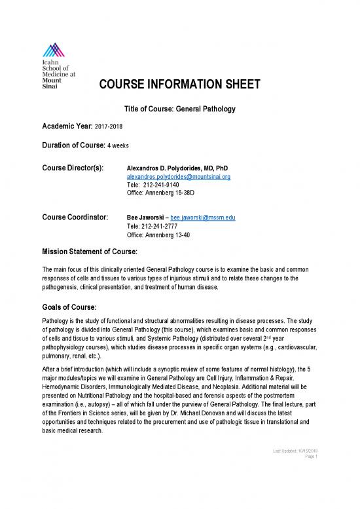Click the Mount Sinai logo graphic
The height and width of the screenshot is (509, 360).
[x=53, y=48]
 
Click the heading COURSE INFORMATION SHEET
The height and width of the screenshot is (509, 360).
[x=180, y=85]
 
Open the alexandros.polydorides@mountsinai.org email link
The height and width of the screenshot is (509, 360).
[x=177, y=177]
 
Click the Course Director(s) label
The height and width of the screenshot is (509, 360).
[x=73, y=168]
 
